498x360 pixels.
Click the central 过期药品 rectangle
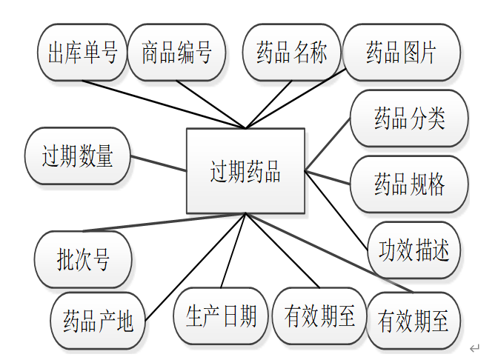(245, 172)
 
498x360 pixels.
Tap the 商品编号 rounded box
(176, 53)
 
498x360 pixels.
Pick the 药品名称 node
(291, 53)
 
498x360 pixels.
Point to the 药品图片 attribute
(401, 53)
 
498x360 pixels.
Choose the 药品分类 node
(409, 119)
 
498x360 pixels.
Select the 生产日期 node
(220, 316)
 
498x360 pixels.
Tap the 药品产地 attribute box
(98, 321)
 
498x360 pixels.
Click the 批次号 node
(83, 259)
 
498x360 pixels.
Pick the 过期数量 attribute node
(77, 157)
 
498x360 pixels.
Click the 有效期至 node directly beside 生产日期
(319, 316)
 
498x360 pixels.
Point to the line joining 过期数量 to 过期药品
(159, 163)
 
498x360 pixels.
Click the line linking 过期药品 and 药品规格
(328, 178)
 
